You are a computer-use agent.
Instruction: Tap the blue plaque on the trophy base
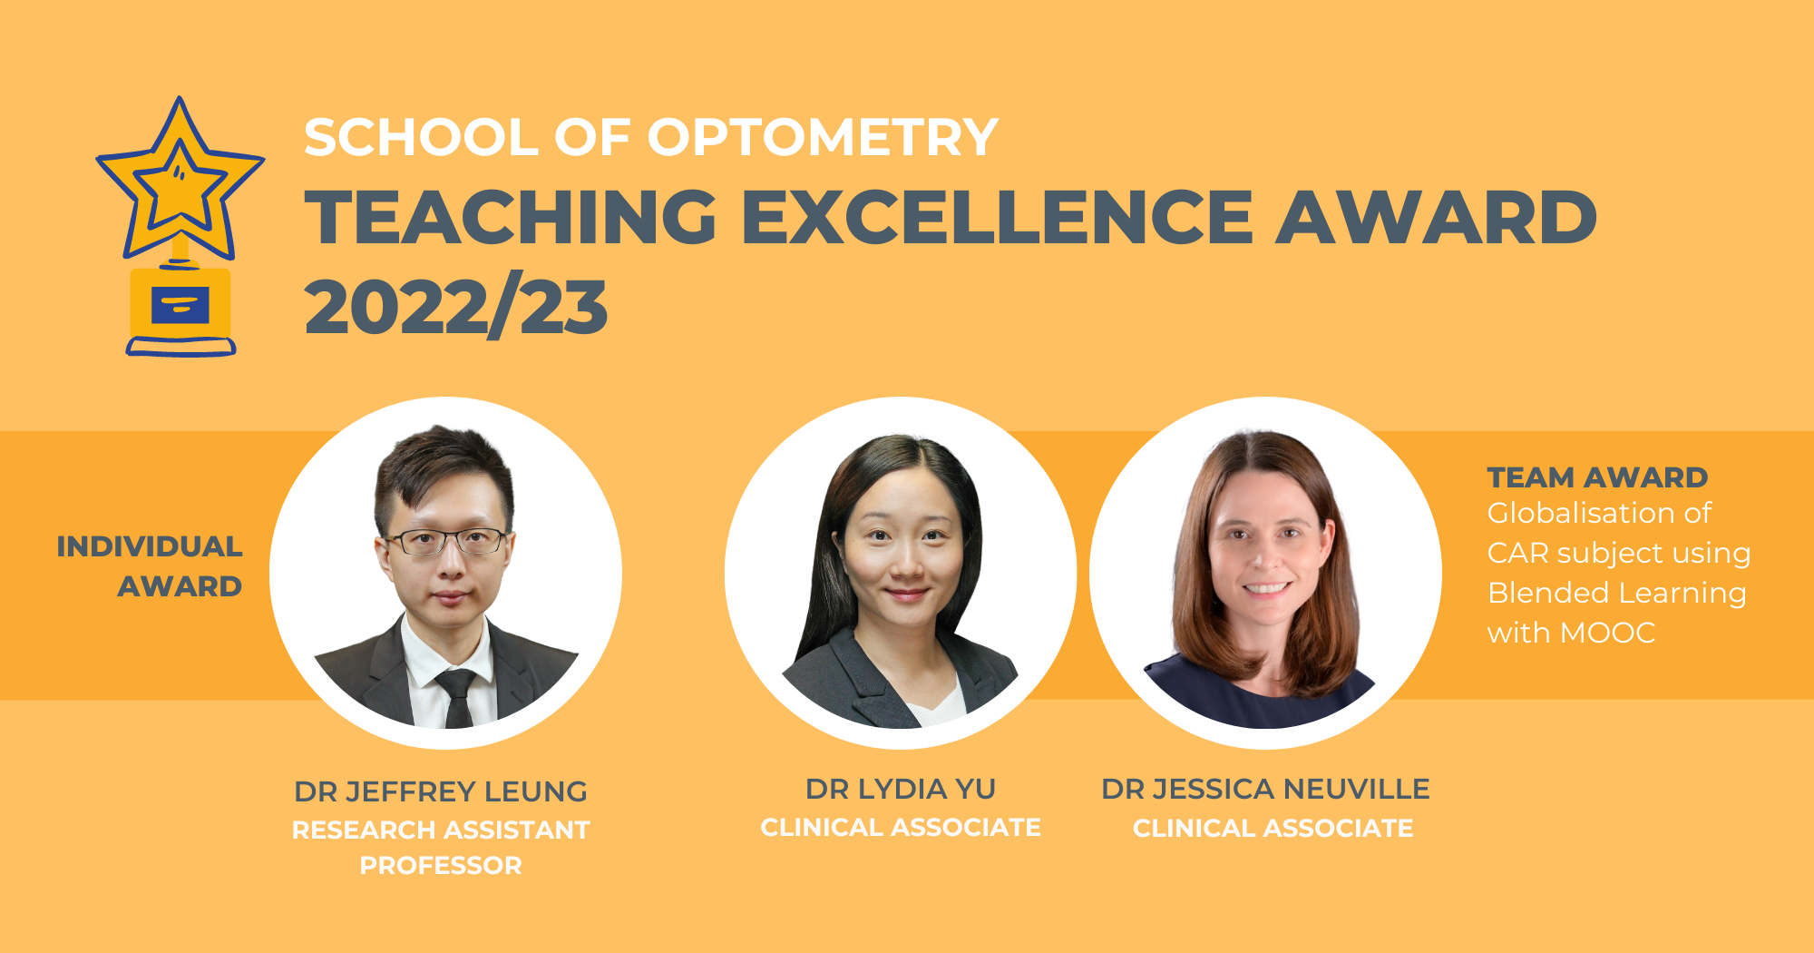[180, 306]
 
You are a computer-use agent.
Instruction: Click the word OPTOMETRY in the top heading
[822, 138]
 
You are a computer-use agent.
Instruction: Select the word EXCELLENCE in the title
[997, 218]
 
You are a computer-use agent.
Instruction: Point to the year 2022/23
[455, 309]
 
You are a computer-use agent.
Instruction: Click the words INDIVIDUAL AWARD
[151, 566]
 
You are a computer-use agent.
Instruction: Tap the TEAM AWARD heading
[1597, 477]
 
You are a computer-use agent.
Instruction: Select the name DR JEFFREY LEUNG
[441, 791]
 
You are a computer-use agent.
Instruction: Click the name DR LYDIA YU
[901, 789]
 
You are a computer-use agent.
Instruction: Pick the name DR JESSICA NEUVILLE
[1265, 789]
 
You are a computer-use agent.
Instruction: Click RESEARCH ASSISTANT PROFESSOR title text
[441, 847]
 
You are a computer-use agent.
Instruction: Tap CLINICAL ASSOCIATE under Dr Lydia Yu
[901, 828]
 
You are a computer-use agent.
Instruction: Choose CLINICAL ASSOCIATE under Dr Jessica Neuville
[1273, 828]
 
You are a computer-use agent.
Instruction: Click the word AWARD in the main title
[1436, 218]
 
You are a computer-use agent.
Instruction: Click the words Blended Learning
[1617, 593]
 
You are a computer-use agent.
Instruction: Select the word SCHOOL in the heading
[421, 138]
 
